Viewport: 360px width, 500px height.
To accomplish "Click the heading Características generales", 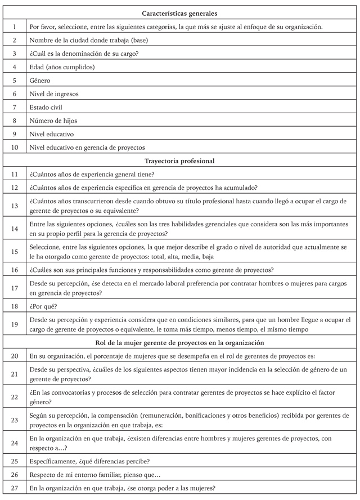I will [180, 12].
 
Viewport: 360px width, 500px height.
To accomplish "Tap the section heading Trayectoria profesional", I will [180, 161].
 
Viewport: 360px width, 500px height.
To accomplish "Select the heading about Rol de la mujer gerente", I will [180, 342].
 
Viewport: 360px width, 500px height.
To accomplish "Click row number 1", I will [15, 26].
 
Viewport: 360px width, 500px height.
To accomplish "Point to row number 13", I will [15, 206].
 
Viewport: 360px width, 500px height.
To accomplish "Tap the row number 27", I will [15, 488].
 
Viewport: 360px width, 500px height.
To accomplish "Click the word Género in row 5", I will [40, 81].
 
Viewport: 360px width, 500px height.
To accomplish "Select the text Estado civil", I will [46, 107].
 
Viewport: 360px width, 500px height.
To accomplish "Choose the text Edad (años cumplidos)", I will [62, 67].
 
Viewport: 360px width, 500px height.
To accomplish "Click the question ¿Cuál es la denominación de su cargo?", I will [84, 53].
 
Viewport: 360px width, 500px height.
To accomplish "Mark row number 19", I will [15, 324].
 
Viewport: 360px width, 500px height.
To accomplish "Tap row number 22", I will [15, 397].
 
